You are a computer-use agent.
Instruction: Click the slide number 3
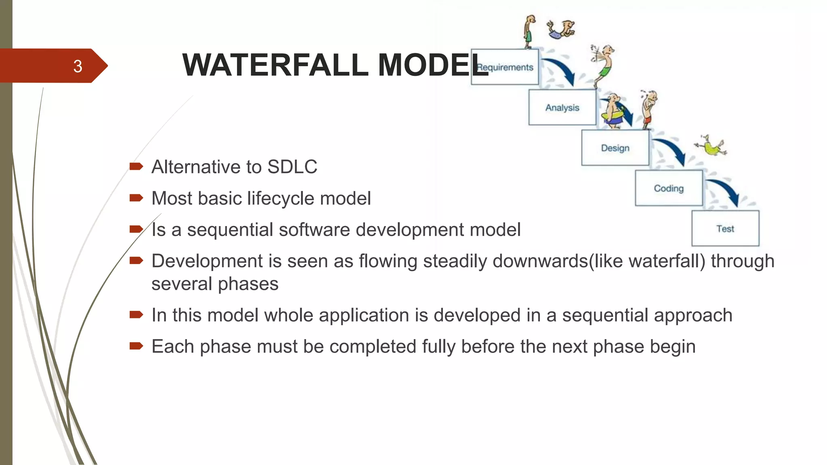78,66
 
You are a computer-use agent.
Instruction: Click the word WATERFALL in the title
275,65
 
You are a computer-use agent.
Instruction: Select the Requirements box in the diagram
505,67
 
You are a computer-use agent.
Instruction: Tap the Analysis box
562,108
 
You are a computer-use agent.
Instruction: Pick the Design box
615,148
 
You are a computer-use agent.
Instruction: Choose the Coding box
669,189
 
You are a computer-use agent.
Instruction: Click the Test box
725,229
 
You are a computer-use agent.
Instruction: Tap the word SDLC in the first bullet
292,167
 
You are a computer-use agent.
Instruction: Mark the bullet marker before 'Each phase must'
136,346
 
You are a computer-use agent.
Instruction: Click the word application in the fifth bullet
364,315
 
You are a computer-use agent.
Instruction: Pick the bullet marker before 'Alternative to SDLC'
136,166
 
